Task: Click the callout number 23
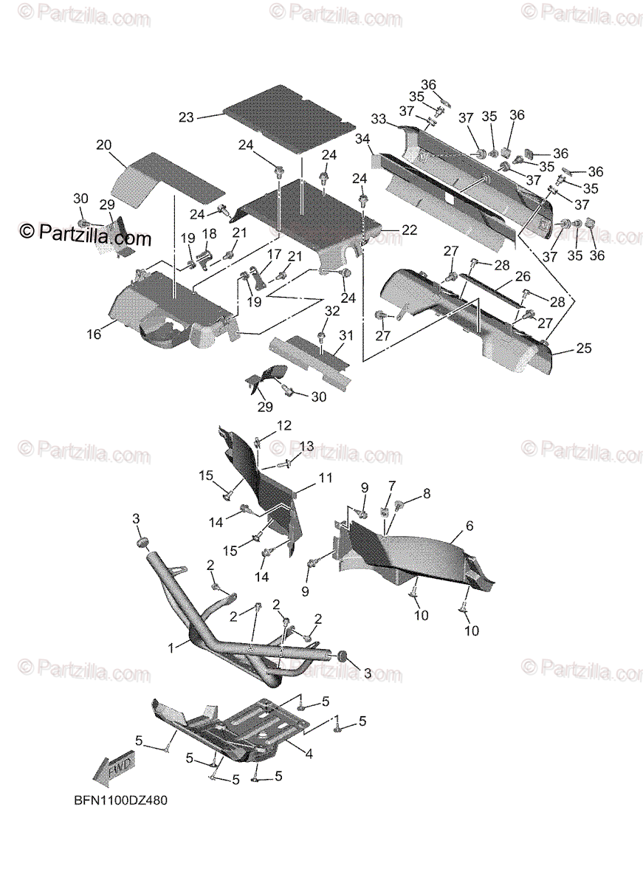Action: [186, 117]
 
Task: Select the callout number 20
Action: [103, 145]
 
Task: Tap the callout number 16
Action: [94, 334]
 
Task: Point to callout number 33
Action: [379, 119]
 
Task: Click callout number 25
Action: [583, 348]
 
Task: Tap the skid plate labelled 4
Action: [236, 727]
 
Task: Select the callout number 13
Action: [306, 447]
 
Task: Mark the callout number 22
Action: [409, 230]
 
